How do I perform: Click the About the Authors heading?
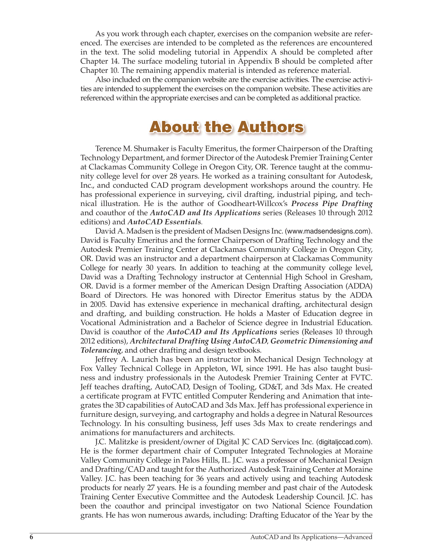coord(226,127)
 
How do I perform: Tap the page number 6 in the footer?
coord(31,537)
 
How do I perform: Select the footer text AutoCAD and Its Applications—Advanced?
coord(311,537)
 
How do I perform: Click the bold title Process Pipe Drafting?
coord(332,204)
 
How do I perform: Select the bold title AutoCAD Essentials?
coord(164,222)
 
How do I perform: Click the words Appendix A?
coord(256,52)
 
